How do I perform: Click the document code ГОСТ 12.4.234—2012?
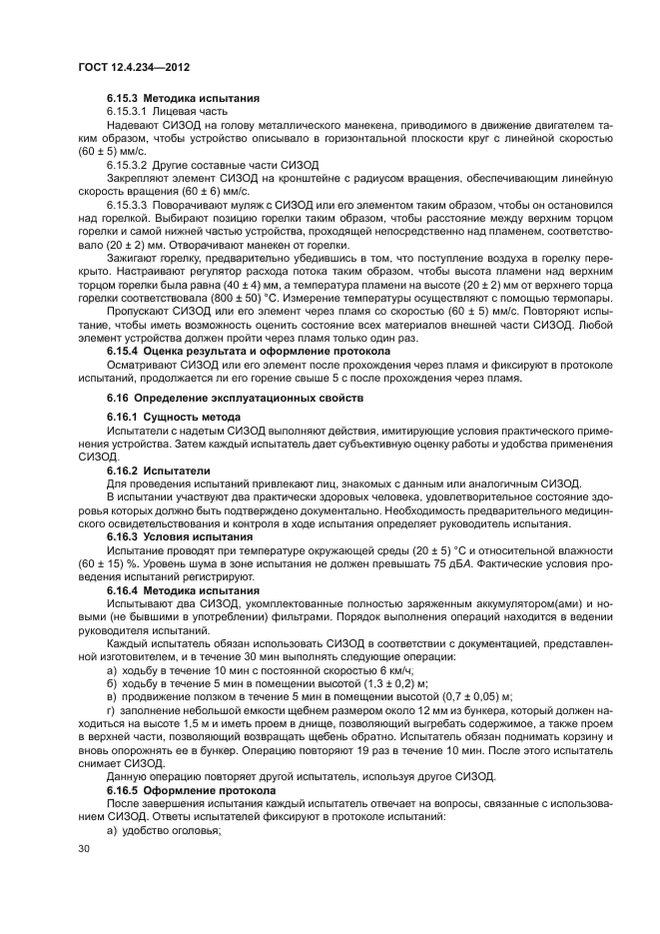pyautogui.click(x=134, y=67)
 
